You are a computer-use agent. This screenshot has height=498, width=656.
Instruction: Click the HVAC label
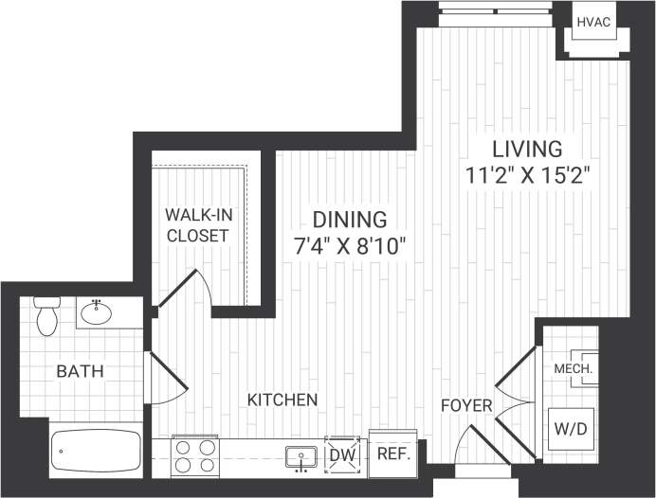coord(594,20)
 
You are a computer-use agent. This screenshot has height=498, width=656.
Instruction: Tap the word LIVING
coord(526,149)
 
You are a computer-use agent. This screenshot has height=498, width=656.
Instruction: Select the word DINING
coord(352,220)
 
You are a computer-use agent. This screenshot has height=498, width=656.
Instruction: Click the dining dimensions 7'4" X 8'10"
coord(350,246)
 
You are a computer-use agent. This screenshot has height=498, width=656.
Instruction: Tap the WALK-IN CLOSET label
coord(197,224)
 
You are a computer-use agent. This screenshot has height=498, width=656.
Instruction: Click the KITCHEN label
coord(282,400)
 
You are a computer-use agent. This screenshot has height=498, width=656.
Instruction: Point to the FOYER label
coord(466,406)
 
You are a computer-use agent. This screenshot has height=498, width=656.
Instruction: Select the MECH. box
coord(574,368)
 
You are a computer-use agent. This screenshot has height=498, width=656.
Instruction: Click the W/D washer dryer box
coord(570,429)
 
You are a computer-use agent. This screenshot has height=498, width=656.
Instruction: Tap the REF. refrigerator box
coord(392,454)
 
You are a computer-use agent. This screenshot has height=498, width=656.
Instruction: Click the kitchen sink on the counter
coord(301,455)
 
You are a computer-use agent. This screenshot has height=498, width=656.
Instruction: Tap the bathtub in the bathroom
coord(95,451)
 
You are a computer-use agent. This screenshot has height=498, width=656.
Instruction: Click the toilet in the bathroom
coord(46,316)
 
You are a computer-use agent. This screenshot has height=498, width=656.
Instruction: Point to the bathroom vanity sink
coord(98,312)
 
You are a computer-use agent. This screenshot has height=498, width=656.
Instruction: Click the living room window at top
coord(495,16)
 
